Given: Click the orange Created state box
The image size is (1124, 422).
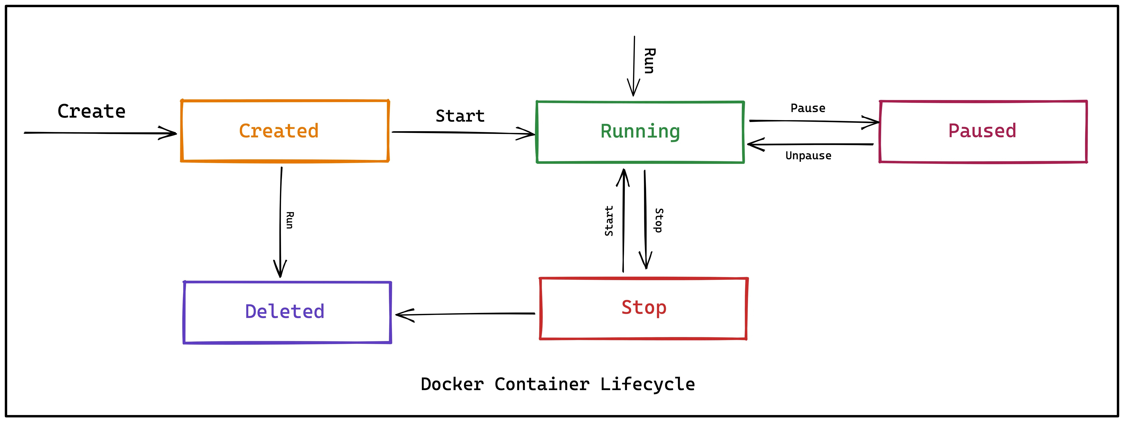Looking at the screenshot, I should click(x=284, y=131).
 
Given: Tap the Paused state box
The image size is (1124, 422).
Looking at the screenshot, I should click(x=983, y=132).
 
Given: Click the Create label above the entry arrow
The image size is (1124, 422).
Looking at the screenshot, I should click(x=92, y=112).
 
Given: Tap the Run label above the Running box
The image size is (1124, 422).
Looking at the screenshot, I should click(x=649, y=61).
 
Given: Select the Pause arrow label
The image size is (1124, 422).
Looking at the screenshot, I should click(x=808, y=108).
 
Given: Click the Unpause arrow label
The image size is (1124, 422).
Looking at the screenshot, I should click(x=808, y=156).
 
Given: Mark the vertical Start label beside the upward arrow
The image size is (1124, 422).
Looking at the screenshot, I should click(x=609, y=221).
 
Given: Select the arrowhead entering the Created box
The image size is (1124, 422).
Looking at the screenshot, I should click(x=170, y=133).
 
